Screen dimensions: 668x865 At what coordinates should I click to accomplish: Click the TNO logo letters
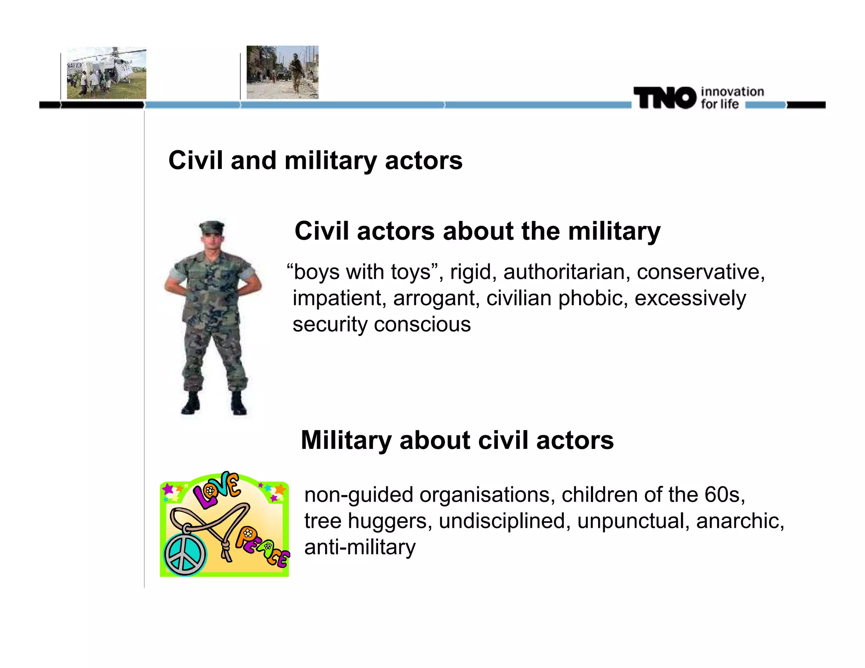[x=664, y=98]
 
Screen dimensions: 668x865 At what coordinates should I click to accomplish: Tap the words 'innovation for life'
[x=732, y=98]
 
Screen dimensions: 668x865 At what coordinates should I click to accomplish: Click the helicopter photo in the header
[x=106, y=73]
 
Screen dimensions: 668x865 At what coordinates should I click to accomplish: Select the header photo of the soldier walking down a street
[x=282, y=72]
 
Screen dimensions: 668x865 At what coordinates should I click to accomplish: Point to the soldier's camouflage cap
[x=212, y=227]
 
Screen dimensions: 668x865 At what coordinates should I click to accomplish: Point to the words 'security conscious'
[x=381, y=324]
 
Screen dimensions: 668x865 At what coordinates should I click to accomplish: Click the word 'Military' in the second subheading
[x=346, y=440]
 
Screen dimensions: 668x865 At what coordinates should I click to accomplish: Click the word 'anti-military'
[x=360, y=547]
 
